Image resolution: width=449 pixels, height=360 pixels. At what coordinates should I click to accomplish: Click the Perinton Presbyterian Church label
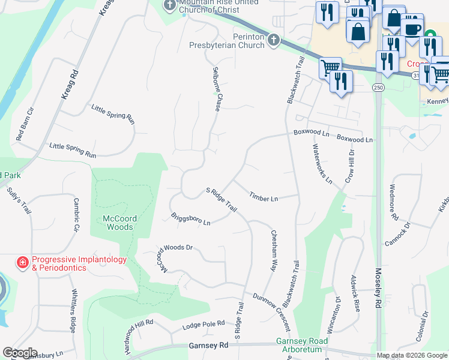pyautogui.click(x=227, y=41)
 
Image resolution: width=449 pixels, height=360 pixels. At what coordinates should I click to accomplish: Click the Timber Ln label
pyautogui.click(x=264, y=197)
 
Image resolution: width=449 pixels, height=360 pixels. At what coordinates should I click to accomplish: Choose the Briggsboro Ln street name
pyautogui.click(x=190, y=219)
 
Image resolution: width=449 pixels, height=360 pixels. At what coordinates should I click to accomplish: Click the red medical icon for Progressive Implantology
pyautogui.click(x=22, y=263)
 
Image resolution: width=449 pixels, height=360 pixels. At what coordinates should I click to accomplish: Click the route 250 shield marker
pyautogui.click(x=378, y=88)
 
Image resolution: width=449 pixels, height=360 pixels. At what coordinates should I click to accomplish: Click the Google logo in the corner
pyautogui.click(x=20, y=353)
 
